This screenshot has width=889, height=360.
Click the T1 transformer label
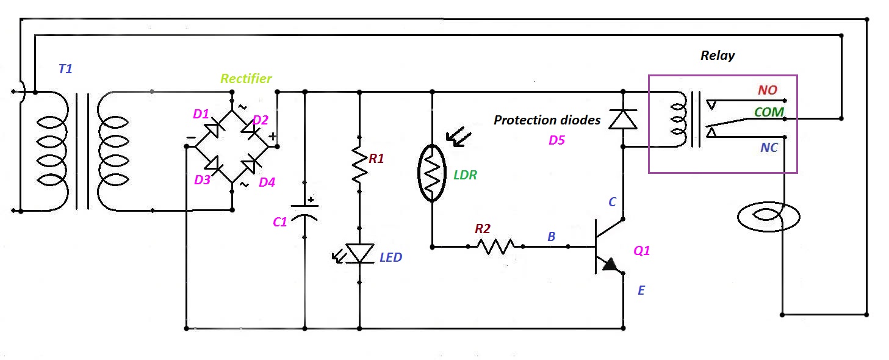click(x=65, y=69)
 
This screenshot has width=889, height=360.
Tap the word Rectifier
click(x=246, y=79)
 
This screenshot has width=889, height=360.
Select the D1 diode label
click(x=201, y=114)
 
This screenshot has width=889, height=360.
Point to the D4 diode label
click(x=267, y=182)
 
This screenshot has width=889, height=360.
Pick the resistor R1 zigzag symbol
click(x=359, y=163)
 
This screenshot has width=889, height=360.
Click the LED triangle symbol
click(x=359, y=253)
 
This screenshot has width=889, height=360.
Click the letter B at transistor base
click(x=551, y=237)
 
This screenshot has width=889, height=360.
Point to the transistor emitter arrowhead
click(x=610, y=265)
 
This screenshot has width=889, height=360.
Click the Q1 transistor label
click(x=642, y=250)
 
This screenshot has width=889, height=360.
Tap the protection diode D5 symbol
click(x=623, y=119)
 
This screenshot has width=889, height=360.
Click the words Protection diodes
click(x=547, y=120)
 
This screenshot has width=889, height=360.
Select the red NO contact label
click(x=768, y=90)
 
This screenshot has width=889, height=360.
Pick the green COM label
click(x=768, y=112)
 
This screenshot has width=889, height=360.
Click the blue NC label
click(x=769, y=148)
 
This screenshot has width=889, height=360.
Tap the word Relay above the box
click(x=718, y=56)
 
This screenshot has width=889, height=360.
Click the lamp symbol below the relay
click(x=769, y=217)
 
